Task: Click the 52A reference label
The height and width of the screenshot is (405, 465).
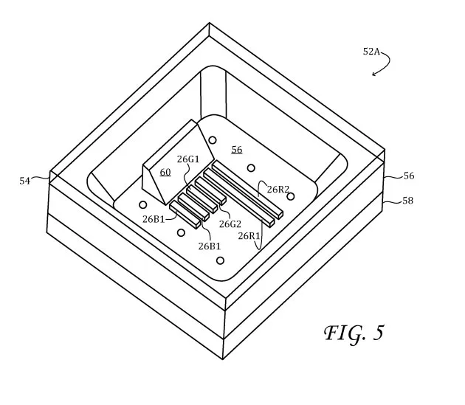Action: [371, 52]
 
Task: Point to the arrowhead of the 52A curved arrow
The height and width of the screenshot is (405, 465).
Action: [373, 74]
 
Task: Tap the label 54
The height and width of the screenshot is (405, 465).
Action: [25, 181]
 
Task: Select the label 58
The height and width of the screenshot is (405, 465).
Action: [407, 201]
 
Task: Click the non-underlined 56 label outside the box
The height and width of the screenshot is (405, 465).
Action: [409, 176]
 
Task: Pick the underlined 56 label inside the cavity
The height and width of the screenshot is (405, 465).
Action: [237, 150]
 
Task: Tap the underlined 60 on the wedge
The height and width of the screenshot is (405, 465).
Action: [165, 173]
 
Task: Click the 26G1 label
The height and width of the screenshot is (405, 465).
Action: [188, 159]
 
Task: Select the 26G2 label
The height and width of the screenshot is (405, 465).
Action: [230, 224]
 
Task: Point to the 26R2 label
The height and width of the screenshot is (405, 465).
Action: [278, 190]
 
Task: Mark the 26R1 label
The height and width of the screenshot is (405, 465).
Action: [249, 236]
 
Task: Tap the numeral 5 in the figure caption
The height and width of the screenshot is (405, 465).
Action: [378, 333]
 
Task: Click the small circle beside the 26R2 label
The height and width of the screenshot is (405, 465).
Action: [291, 196]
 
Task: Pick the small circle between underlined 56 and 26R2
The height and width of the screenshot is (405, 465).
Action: [251, 168]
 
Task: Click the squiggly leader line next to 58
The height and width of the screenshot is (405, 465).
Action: [393, 202]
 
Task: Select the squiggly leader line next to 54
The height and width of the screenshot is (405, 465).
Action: [40, 178]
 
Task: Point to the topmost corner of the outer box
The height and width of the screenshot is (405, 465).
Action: [210, 23]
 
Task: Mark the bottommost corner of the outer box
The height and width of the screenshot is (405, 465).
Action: [223, 359]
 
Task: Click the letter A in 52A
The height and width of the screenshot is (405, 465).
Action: [376, 52]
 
